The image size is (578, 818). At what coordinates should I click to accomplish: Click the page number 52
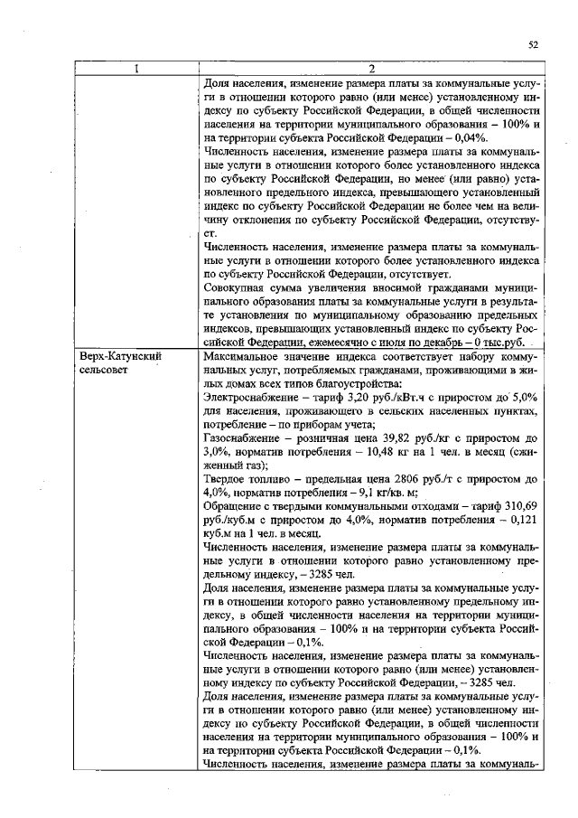click(x=533, y=44)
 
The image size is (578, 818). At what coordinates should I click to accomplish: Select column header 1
click(x=136, y=69)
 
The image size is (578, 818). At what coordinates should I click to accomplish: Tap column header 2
click(x=371, y=69)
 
